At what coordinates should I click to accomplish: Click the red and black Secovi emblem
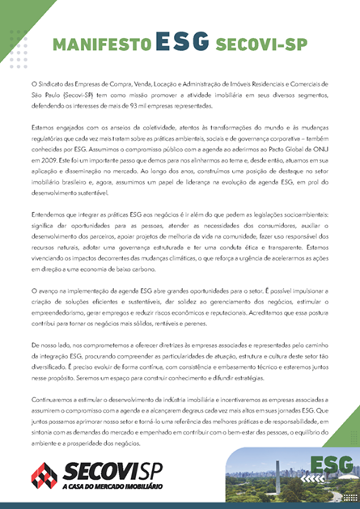[43, 476]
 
